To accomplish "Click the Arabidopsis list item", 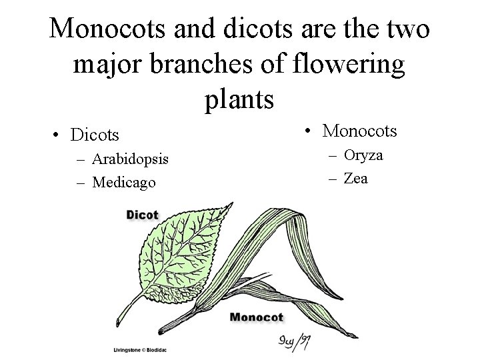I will (x=130, y=159).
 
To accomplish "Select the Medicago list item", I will (x=125, y=181).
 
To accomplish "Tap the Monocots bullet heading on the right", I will (x=359, y=131).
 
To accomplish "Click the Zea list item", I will (x=355, y=178).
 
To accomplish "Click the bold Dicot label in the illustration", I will (x=142, y=215).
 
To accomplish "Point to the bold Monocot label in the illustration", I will (x=257, y=317).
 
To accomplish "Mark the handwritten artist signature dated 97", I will (x=294, y=343).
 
